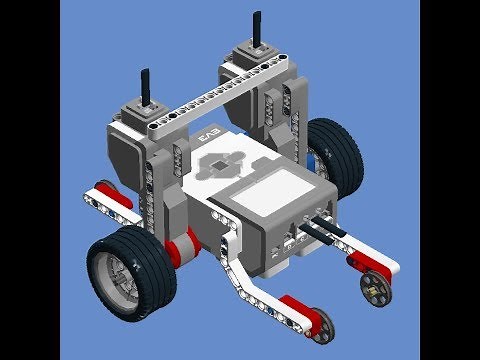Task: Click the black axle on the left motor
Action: click(146, 87)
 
